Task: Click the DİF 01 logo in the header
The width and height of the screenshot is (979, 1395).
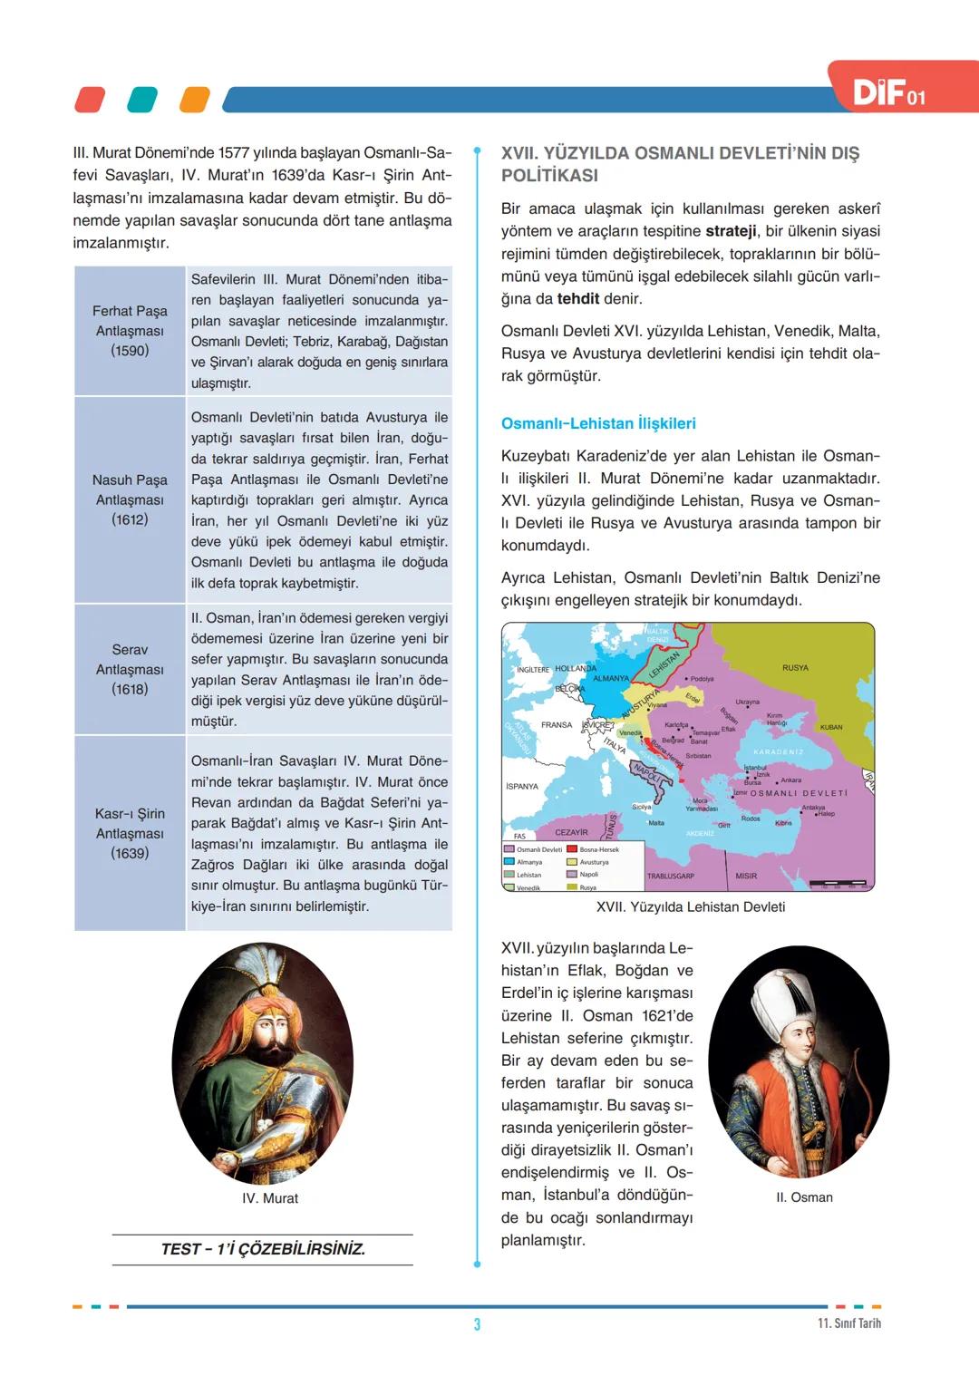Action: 889,92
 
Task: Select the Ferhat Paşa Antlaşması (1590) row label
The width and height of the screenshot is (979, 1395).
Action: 130,331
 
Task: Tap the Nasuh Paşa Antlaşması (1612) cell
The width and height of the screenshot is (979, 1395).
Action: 130,499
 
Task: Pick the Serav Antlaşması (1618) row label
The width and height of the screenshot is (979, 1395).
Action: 130,669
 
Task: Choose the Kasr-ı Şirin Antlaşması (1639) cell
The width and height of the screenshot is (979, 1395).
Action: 130,833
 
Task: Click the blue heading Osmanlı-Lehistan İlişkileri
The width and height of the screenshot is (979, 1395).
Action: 598,423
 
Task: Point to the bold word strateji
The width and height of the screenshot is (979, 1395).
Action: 731,231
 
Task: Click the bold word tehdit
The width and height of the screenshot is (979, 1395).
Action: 577,298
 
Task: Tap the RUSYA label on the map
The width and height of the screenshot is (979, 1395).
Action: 795,668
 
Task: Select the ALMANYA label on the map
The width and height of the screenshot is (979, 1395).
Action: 610,678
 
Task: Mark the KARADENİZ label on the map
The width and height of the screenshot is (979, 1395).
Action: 778,752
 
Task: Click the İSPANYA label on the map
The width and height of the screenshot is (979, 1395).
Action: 522,787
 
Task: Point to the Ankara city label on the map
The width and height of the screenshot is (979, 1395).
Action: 790,780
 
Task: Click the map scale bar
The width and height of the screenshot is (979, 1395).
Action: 840,883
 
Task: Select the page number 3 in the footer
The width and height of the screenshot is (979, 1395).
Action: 477,1324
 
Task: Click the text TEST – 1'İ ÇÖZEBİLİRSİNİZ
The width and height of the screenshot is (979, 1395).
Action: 263,1249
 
